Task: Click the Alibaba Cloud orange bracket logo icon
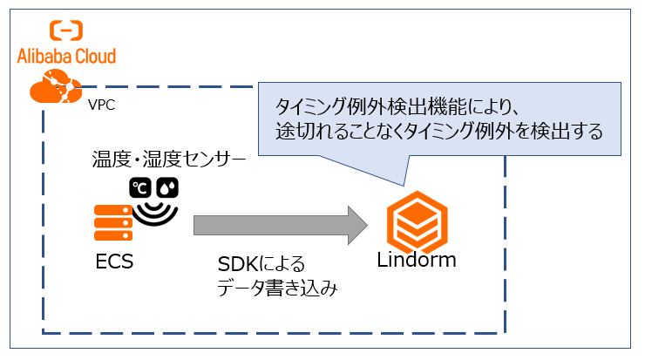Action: click(x=66, y=31)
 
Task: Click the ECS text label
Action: click(x=115, y=261)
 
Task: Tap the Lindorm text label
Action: click(x=416, y=261)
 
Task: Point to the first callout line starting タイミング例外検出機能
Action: click(x=397, y=107)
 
